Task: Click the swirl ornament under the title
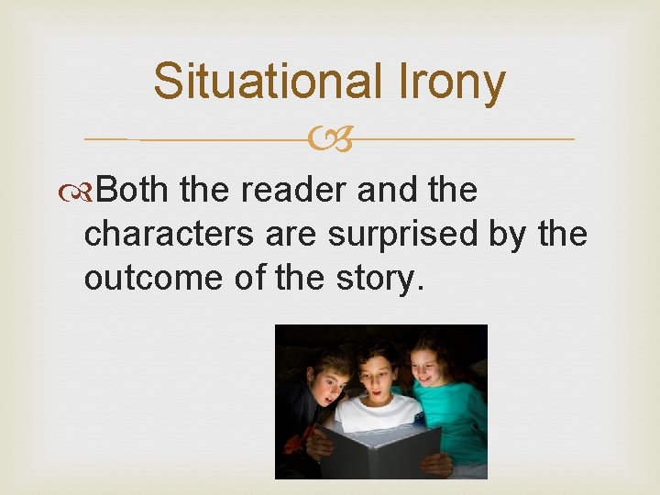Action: pyautogui.click(x=330, y=139)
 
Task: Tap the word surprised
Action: pyautogui.click(x=401, y=234)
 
